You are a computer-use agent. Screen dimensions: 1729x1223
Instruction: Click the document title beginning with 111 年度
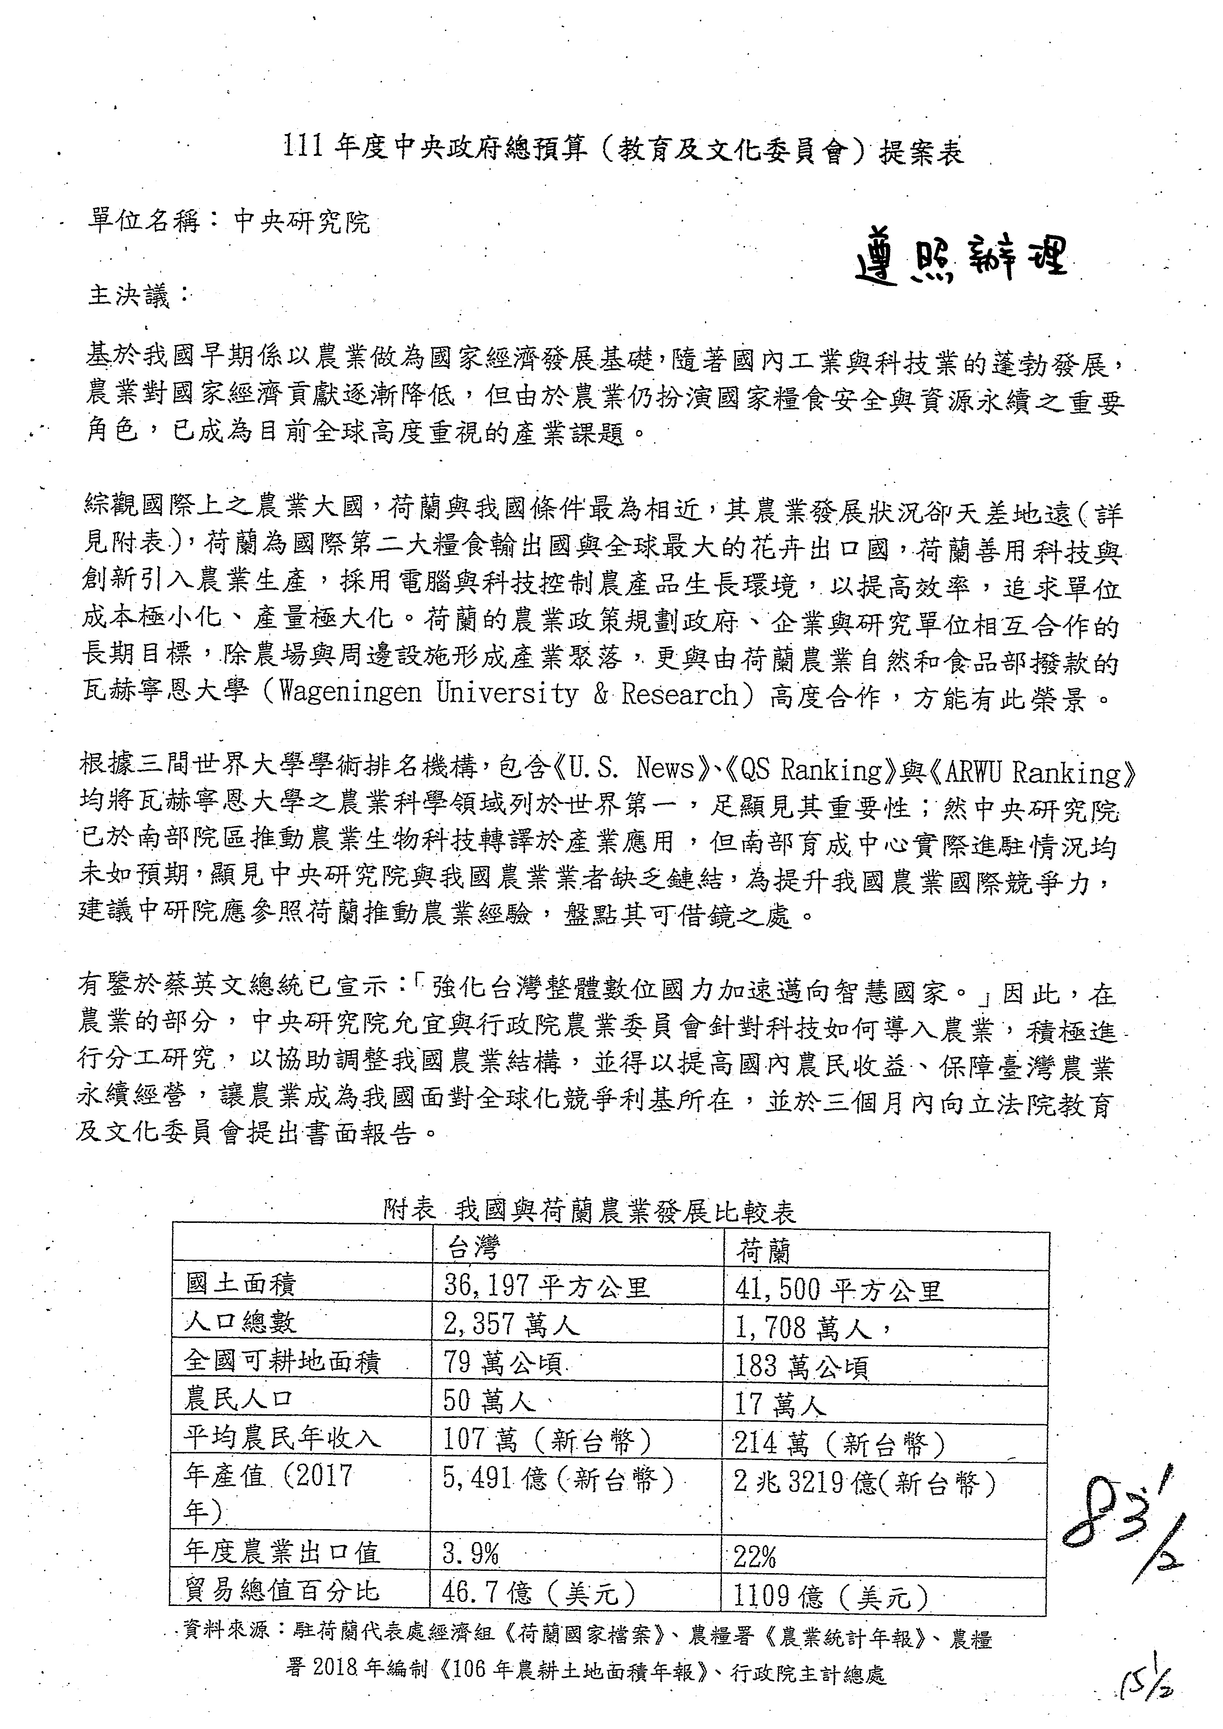click(x=622, y=151)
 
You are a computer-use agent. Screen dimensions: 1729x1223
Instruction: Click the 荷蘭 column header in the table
click(x=763, y=1251)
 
